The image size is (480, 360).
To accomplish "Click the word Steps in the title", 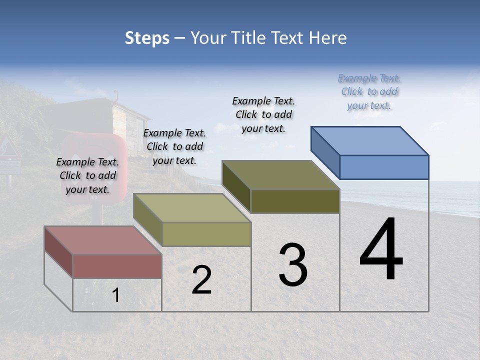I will click(147, 38).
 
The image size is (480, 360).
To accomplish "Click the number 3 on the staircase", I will click(293, 265).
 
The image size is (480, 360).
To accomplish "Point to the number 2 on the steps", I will click(201, 280).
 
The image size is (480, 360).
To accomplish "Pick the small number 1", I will click(116, 295).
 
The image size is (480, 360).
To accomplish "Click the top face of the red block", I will click(102, 240).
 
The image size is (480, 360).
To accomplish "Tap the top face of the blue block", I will click(370, 140).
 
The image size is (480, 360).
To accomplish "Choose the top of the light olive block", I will click(192, 208).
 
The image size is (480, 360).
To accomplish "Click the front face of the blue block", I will click(384, 167).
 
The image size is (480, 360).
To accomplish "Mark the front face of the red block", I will click(117, 266).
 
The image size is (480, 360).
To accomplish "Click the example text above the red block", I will click(87, 175).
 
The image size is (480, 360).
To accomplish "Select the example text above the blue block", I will click(369, 91).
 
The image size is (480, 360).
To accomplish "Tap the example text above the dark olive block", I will click(263, 114).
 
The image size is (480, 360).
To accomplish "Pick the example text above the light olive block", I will click(174, 146).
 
